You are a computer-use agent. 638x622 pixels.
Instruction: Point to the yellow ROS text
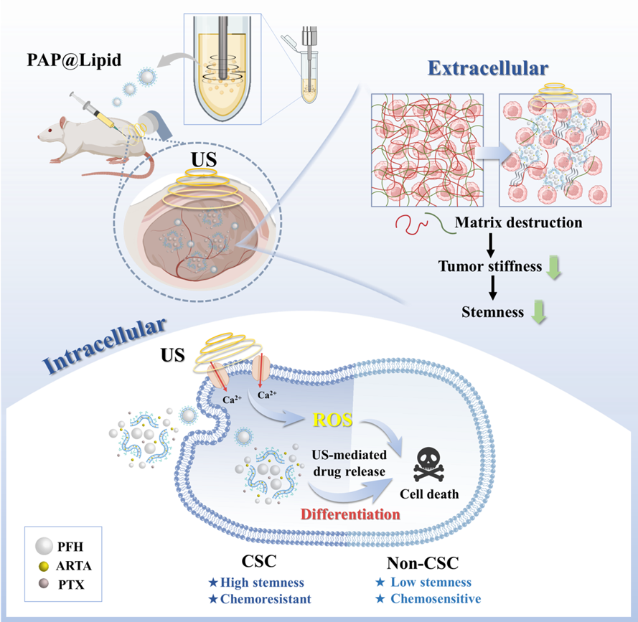(331, 420)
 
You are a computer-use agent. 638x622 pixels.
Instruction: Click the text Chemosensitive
(436, 598)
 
